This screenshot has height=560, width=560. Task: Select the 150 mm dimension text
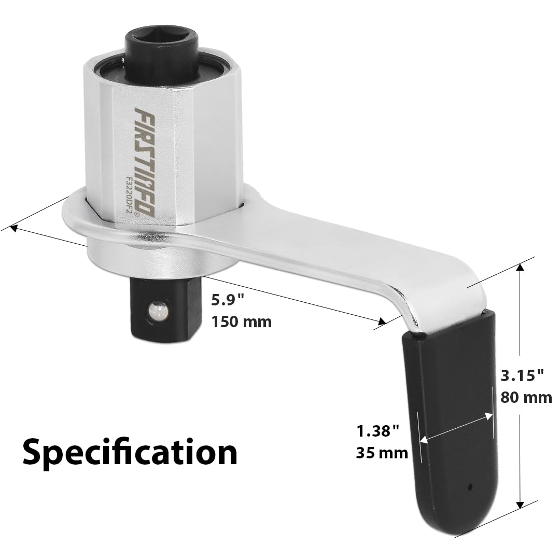coord(242,322)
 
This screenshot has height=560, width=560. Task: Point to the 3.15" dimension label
coord(522,375)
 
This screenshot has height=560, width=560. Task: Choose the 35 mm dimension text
coord(382,453)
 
